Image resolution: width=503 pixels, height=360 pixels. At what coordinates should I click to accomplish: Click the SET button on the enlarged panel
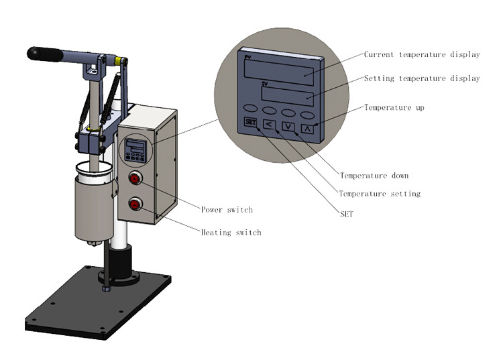point(251,122)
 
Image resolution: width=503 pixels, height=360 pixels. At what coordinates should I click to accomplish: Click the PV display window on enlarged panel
point(281,70)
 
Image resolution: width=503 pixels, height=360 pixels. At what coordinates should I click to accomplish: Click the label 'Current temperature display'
point(421,54)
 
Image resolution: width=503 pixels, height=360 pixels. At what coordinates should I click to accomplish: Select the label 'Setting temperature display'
point(421,78)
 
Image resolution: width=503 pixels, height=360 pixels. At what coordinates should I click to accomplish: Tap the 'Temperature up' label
point(394,107)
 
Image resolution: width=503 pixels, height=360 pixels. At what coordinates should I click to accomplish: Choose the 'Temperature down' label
point(374,176)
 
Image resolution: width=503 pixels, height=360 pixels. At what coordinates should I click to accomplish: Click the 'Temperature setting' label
point(380,194)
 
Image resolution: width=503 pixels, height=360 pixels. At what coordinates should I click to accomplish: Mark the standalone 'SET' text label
point(346,215)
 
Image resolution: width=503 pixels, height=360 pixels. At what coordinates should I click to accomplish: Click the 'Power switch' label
point(227,210)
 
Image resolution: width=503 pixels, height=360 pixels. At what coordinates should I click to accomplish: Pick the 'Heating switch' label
point(231,233)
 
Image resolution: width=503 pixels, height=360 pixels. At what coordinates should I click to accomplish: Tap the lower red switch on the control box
point(136,204)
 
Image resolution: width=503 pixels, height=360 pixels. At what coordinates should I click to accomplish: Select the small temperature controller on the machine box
point(136,150)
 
